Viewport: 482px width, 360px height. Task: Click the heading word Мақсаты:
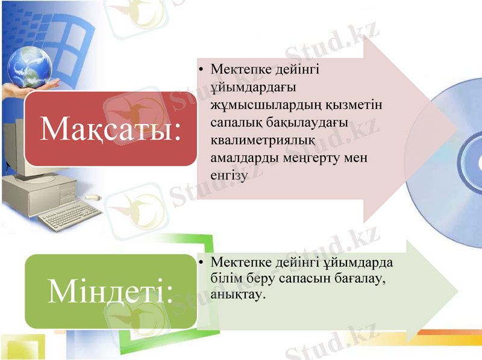[x=110, y=128]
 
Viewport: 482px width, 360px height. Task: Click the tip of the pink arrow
[x=456, y=129]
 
